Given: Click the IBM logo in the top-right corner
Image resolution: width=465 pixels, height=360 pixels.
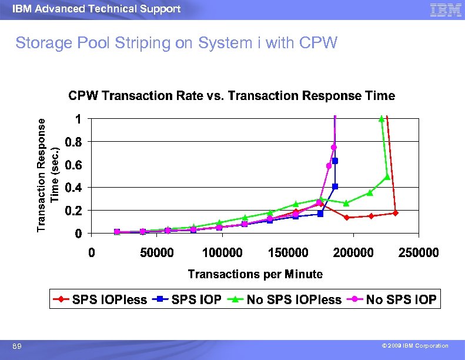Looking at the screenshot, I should click(x=445, y=10).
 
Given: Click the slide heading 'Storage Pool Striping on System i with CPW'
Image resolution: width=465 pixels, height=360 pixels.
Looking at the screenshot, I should click(x=176, y=44).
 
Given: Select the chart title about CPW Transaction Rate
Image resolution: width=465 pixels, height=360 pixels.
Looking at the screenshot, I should click(x=232, y=95).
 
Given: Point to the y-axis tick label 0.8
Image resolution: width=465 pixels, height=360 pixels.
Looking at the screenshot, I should click(x=74, y=142).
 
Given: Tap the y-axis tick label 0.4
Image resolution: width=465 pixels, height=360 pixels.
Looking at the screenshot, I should click(x=74, y=188).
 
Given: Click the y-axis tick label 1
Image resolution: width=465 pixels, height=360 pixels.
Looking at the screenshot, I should click(x=78, y=119).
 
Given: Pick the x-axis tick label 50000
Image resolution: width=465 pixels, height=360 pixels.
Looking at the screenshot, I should click(x=156, y=252).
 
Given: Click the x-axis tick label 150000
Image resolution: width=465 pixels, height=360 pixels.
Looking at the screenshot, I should click(x=288, y=252).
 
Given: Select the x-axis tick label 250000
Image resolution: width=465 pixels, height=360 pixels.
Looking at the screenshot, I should click(x=419, y=252).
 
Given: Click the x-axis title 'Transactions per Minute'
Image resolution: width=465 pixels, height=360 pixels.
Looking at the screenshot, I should click(x=255, y=274).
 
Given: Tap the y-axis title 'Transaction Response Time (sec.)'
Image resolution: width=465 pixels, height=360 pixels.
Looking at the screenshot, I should click(x=48, y=174).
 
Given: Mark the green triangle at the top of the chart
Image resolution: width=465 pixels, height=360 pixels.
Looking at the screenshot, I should click(x=382, y=118).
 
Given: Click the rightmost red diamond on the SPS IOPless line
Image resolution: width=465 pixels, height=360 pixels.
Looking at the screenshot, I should click(x=395, y=213).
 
